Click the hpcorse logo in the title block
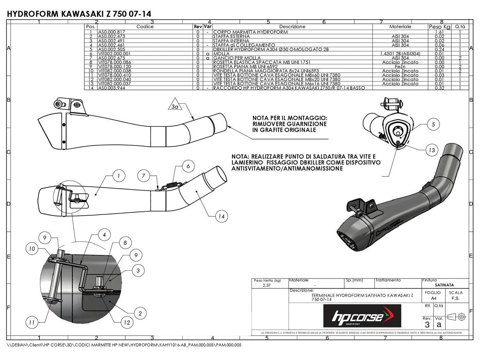(362, 315)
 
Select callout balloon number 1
(119, 176)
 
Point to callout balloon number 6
(188, 166)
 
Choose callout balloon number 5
(433, 125)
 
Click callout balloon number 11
(32, 322)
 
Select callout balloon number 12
(126, 323)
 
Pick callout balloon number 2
(140, 313)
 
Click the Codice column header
(145, 27)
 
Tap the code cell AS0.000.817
(112, 32)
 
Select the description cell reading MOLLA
(221, 54)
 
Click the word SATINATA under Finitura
(444, 285)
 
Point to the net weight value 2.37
(268, 285)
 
